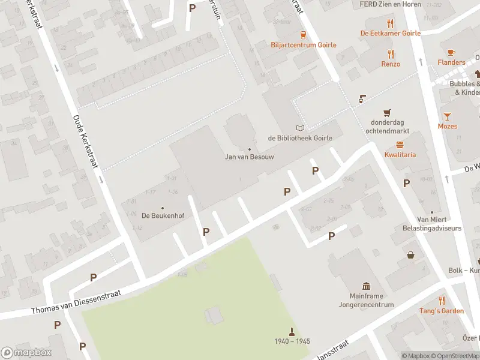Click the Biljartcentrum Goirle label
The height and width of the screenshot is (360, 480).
point(303,45)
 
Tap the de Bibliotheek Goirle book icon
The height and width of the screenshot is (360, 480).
point(300,128)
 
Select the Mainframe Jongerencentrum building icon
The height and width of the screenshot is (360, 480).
point(366,286)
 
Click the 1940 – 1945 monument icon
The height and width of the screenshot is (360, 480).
point(292,331)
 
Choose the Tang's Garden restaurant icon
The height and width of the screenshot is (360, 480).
point(442,301)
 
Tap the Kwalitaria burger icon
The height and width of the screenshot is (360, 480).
point(400,145)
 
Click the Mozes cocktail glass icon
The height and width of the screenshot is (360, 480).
point(447,116)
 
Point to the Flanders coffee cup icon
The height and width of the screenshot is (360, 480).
point(451,52)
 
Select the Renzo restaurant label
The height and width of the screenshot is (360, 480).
point(391,64)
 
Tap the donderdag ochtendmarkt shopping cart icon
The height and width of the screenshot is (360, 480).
point(388,112)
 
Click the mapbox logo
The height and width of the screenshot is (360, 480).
point(26,352)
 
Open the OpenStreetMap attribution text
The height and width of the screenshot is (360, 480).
point(456,356)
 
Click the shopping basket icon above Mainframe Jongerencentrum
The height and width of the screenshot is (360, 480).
point(411,255)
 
